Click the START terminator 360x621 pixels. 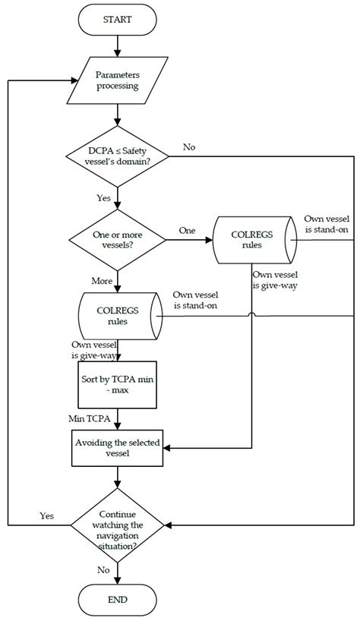[x=117, y=20]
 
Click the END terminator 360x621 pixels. [x=117, y=599]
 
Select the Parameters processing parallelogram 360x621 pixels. [x=117, y=80]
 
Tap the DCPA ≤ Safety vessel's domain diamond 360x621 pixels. [x=117, y=157]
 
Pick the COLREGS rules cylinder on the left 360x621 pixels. [x=117, y=316]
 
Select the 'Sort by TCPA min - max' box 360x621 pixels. [x=117, y=388]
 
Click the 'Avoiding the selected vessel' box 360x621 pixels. [x=117, y=449]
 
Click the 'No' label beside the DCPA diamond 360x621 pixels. [x=189, y=147]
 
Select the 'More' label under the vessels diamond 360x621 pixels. [x=101, y=280]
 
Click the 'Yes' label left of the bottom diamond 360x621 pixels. [x=47, y=515]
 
